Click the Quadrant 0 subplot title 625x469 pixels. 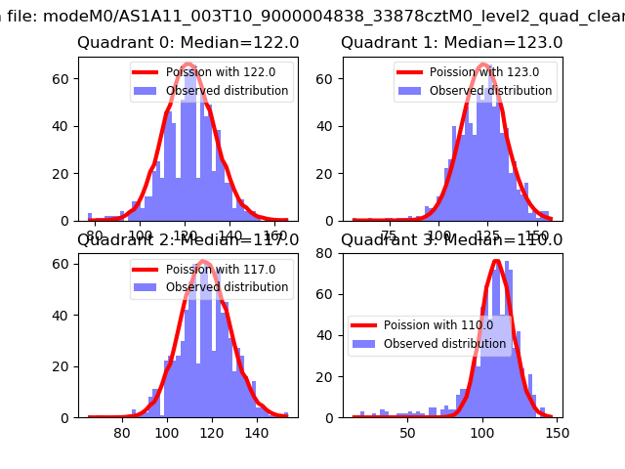click(188, 43)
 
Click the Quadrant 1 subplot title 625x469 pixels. click(452, 43)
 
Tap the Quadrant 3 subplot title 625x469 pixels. click(452, 239)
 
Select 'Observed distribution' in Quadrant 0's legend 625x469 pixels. click(227, 91)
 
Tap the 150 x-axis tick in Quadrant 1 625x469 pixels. click(536, 234)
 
